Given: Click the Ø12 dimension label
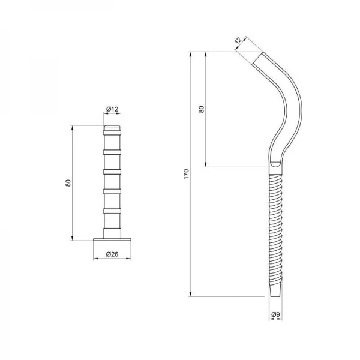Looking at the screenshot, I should [112, 109].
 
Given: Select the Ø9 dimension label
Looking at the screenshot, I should [275, 314].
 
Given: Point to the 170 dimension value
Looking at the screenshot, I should [186, 174].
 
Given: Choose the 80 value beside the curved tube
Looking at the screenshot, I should [202, 109].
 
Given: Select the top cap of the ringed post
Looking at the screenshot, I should [112, 128].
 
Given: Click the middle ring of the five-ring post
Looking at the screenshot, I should [112, 172].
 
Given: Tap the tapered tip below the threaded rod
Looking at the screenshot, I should [275, 289].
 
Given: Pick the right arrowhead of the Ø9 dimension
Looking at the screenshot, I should [281, 320].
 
